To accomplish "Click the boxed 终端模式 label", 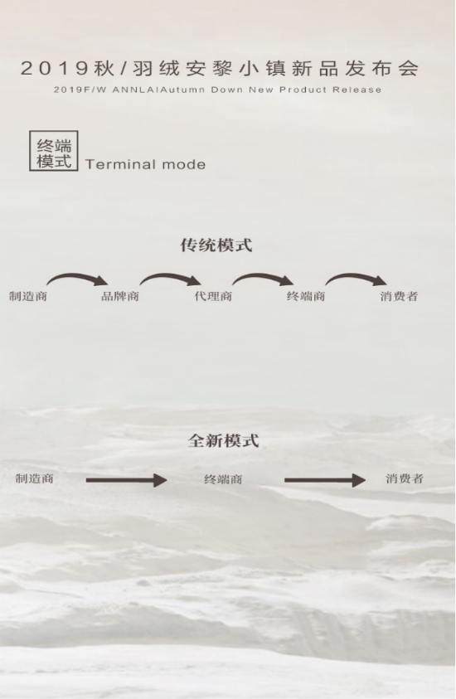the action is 54,151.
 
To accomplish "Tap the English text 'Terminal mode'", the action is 145,164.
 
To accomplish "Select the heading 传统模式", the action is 216,245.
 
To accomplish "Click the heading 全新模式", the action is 223,440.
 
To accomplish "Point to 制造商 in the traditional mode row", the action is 28,296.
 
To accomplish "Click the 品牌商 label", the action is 120,296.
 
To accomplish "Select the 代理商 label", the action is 213,296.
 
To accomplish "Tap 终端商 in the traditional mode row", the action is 306,296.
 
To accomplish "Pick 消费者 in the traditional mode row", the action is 399,296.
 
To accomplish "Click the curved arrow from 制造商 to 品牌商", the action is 75,275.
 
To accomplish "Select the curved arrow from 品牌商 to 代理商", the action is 169,275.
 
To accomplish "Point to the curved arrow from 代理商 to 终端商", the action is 262,275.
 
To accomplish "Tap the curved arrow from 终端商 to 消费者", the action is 355,275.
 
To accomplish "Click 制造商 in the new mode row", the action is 35,478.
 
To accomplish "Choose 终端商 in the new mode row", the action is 223,479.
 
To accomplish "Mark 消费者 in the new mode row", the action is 405,478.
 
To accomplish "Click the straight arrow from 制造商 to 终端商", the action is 127,480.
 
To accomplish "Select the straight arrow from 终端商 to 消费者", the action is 325,480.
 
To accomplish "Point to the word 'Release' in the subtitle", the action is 357,90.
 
